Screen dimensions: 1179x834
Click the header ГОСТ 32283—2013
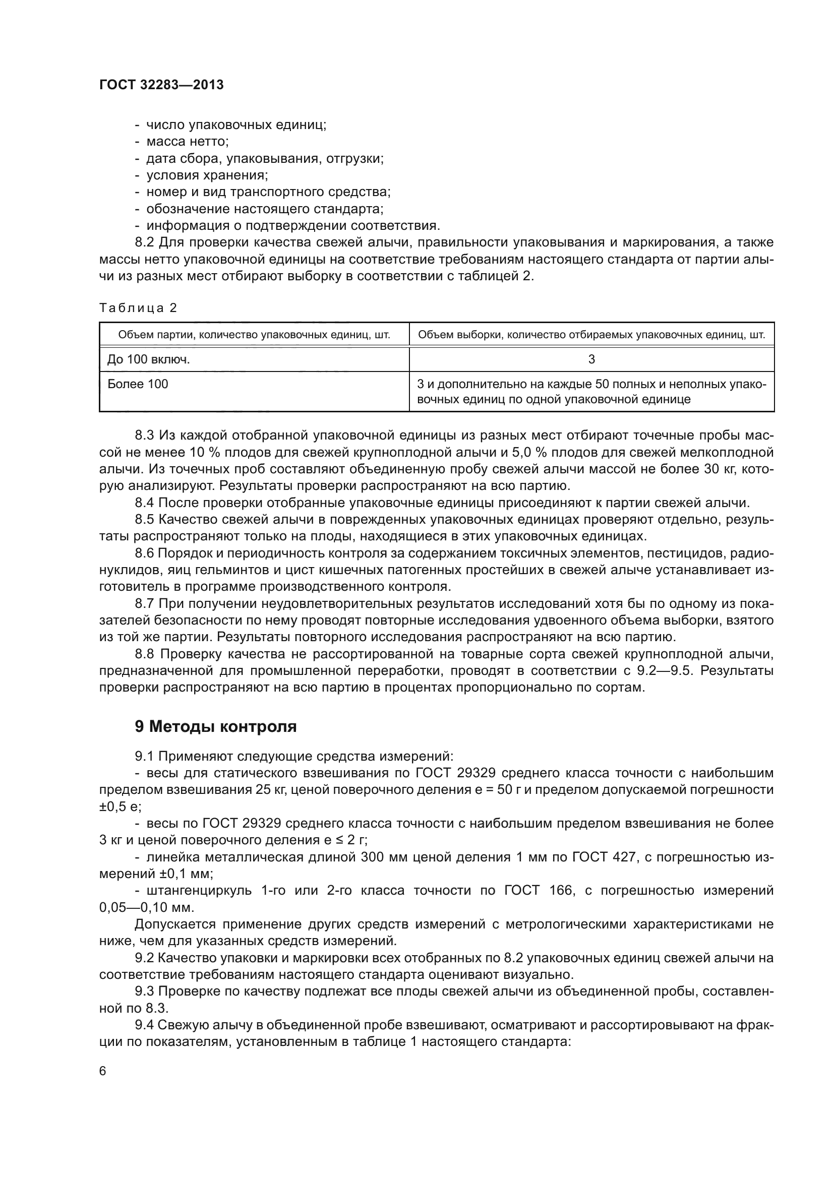point(161,85)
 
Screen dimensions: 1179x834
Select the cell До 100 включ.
point(148,359)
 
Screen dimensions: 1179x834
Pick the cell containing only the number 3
point(591,359)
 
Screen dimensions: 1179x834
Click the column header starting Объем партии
point(254,335)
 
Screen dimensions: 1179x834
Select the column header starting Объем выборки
point(591,335)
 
